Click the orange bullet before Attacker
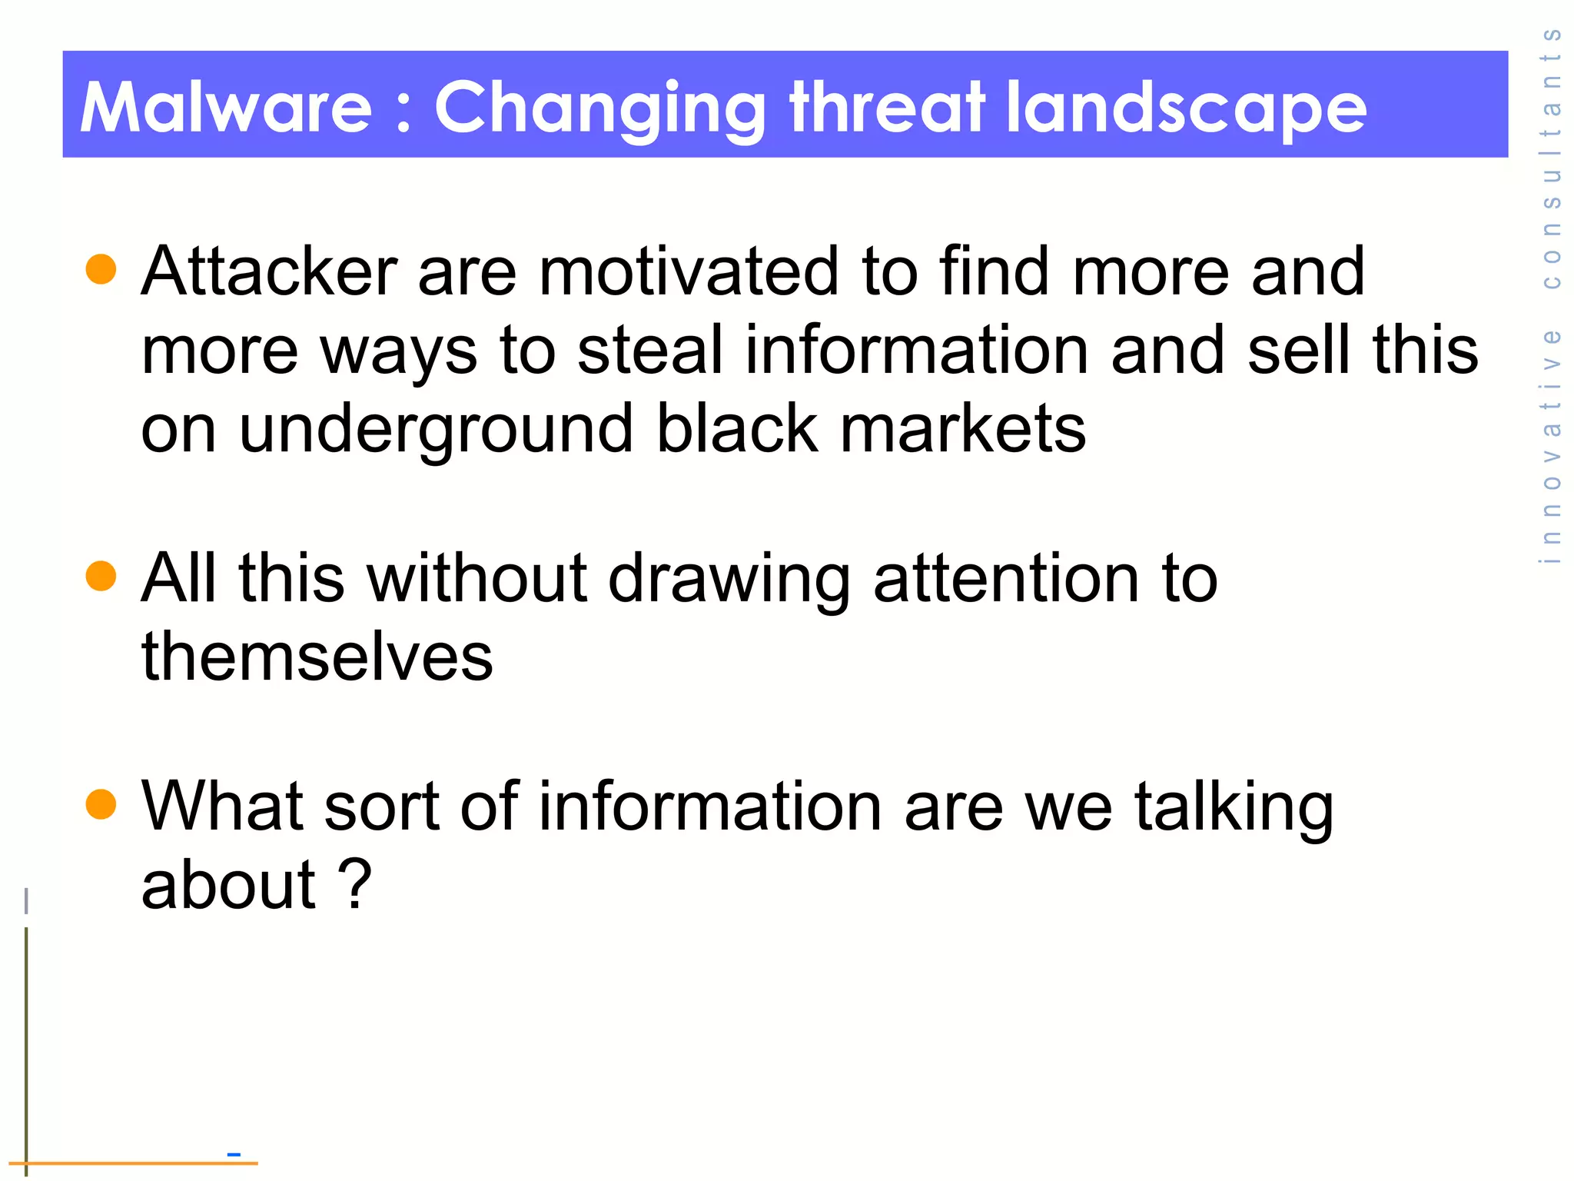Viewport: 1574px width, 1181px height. [x=101, y=269]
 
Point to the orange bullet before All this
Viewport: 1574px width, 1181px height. [x=101, y=576]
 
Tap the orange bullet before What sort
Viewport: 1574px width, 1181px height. [x=101, y=804]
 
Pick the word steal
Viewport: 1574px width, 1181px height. [x=650, y=350]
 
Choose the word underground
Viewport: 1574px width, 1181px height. [x=436, y=430]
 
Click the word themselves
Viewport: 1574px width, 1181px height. [x=317, y=657]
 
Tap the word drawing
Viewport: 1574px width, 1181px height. [x=729, y=580]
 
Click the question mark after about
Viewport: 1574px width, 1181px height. [x=355, y=884]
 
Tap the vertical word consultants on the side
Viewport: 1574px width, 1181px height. [x=1551, y=158]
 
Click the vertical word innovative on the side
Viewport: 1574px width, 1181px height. [x=1551, y=446]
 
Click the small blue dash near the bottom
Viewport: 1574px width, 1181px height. [x=234, y=1154]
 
